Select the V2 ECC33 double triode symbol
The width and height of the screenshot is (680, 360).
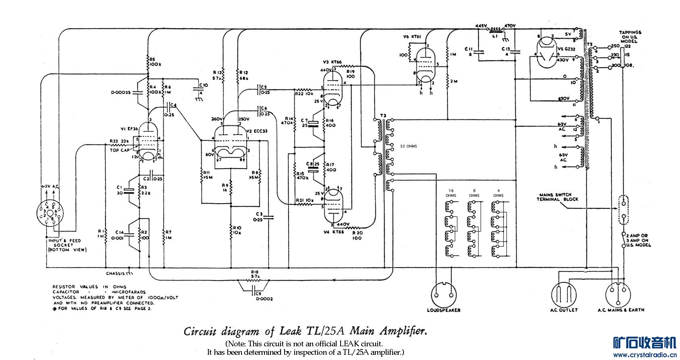[x=230, y=143]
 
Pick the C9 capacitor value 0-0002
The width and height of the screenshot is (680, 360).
[x=264, y=299]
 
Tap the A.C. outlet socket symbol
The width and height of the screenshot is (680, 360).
[x=564, y=294]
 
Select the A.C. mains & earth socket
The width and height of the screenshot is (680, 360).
[x=620, y=294]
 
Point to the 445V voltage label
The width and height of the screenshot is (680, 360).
[x=482, y=26]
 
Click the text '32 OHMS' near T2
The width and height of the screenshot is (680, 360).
[x=408, y=146]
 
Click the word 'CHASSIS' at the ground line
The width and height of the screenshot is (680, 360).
[x=115, y=274]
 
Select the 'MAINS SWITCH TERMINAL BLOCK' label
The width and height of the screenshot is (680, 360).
[x=557, y=197]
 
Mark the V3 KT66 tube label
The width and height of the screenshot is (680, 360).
[x=332, y=62]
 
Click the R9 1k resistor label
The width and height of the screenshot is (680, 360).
[x=225, y=187]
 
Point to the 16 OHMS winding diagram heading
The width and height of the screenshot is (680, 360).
[x=451, y=193]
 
